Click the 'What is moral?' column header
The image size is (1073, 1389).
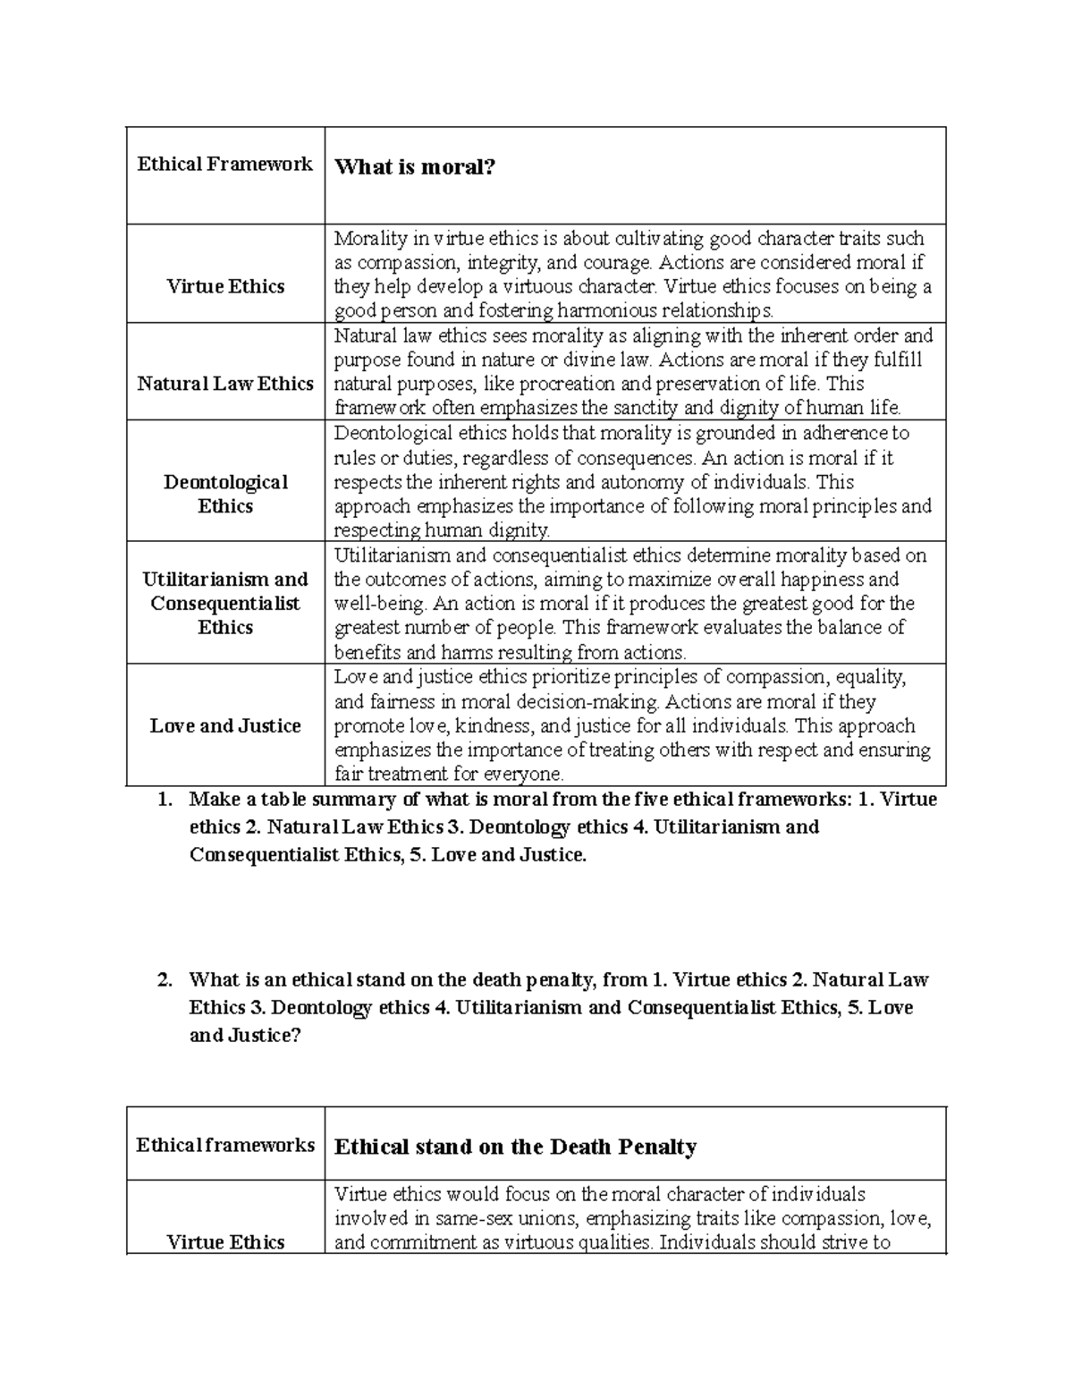(414, 167)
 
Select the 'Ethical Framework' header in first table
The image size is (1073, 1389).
(224, 164)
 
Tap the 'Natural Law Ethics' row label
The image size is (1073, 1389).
(224, 384)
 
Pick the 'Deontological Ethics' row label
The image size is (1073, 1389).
(225, 494)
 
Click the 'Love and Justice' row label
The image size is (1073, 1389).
(224, 725)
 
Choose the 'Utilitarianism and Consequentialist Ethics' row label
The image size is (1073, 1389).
(224, 603)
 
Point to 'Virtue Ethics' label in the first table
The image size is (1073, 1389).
(224, 286)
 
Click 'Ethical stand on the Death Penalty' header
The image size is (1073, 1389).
(514, 1147)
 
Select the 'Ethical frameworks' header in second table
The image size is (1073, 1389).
(224, 1145)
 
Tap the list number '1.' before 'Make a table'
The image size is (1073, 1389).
(164, 800)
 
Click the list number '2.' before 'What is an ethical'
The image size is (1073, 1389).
(164, 980)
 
